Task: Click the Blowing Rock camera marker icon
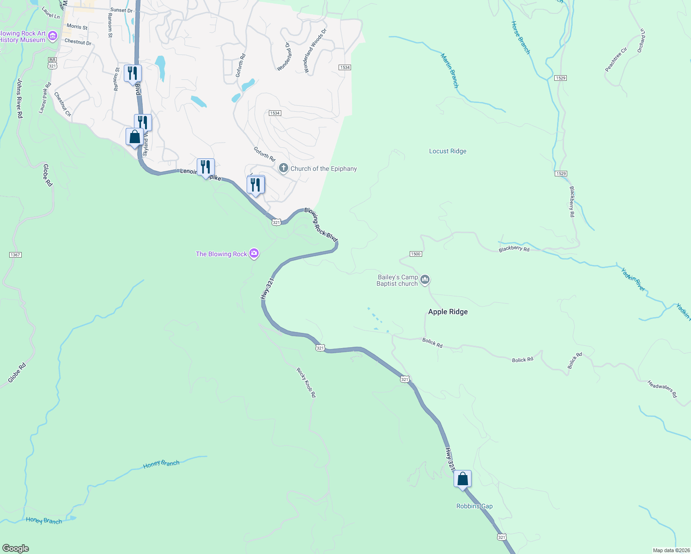tap(254, 253)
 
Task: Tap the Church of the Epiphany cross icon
tap(284, 169)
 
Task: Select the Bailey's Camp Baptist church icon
tap(425, 280)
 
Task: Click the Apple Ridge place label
tap(448, 312)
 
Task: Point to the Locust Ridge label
tap(448, 151)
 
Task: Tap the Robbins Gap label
tap(474, 506)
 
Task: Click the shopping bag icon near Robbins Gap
tap(462, 480)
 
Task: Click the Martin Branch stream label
tap(449, 71)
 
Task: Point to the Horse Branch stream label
tap(521, 37)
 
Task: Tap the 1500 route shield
tap(415, 254)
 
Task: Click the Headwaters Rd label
tap(662, 389)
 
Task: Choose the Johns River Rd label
tap(20, 98)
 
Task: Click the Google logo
tap(15, 548)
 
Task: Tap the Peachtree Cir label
tap(616, 60)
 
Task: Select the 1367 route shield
tap(15, 255)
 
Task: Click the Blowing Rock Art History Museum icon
tap(53, 36)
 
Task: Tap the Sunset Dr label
tap(121, 10)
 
